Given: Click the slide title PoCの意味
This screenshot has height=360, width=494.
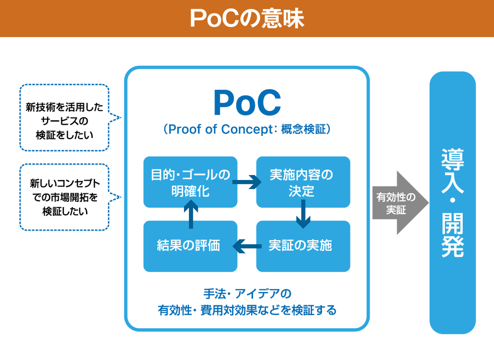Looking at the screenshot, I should click(247, 18).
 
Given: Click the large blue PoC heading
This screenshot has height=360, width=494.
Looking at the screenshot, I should click(247, 103).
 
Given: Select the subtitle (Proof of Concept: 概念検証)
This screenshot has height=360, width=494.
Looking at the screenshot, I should click(247, 130).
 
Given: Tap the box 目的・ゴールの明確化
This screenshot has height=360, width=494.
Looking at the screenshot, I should click(190, 182).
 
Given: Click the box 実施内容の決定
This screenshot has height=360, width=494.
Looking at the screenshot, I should click(303, 182).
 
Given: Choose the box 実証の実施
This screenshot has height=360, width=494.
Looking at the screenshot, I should click(303, 246).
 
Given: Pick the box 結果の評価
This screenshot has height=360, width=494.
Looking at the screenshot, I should click(190, 246).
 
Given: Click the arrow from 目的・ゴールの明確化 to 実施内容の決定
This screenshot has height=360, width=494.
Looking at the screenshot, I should click(247, 182).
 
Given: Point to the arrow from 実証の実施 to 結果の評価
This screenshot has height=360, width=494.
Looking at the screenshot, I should click(247, 246).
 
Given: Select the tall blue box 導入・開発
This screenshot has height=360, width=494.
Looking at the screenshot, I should click(452, 203).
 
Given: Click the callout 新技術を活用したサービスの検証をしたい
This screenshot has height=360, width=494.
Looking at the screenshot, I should click(64, 118).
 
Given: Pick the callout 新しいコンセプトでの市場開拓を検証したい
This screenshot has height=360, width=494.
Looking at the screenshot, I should click(64, 197).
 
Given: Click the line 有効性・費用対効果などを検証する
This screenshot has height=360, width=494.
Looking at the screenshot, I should click(247, 310).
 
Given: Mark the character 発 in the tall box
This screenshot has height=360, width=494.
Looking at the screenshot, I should click(452, 246).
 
